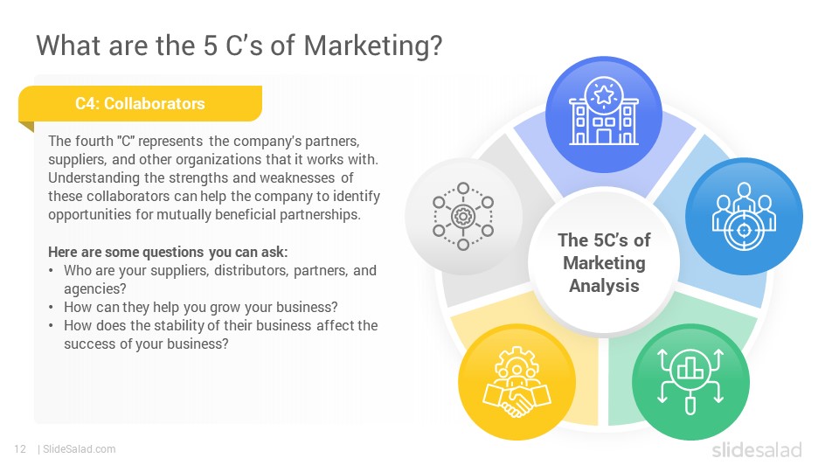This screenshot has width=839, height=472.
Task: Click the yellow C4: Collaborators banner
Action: click(x=140, y=104)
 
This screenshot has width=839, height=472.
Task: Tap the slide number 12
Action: click(x=20, y=449)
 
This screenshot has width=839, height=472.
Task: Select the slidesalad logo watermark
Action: click(x=757, y=449)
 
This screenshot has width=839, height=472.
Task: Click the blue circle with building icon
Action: click(x=604, y=115)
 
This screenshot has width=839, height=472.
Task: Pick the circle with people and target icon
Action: click(x=744, y=216)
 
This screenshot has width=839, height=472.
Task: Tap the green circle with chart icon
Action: click(x=690, y=382)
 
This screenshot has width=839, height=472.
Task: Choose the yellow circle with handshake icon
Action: click(x=517, y=382)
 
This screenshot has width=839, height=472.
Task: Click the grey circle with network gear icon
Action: click(x=463, y=216)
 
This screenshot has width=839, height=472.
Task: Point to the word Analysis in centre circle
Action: click(x=604, y=285)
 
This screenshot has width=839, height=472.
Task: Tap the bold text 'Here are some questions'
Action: click(x=126, y=252)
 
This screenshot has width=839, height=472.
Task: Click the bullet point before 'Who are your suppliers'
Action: click(x=51, y=271)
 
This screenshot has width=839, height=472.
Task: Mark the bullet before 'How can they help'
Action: click(x=51, y=308)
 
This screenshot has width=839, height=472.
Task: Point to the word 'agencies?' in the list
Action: click(x=95, y=289)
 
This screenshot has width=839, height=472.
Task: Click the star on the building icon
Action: click(x=604, y=95)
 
